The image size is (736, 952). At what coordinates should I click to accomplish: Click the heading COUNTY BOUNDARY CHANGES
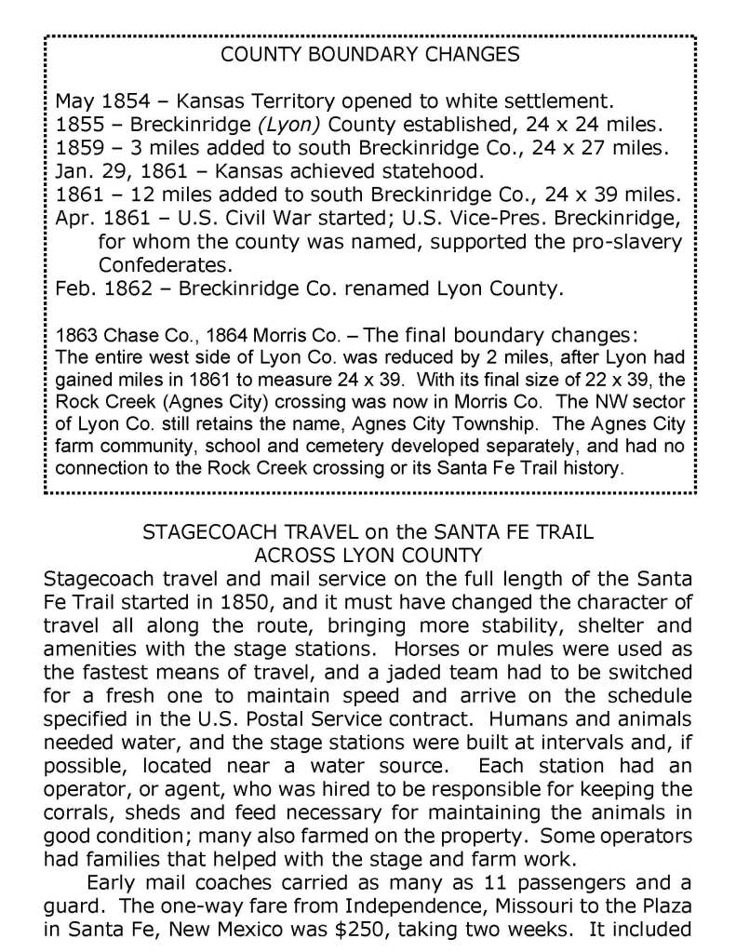click(369, 55)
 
